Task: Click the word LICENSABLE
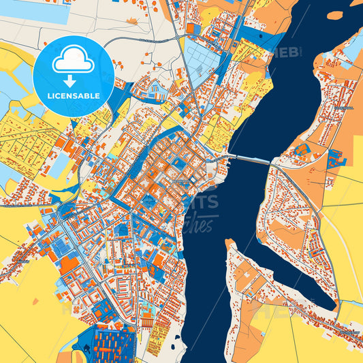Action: coord(74,97)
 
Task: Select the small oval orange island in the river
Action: coord(334,15)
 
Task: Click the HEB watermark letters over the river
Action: coord(287,52)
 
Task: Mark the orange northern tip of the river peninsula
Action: coord(230,243)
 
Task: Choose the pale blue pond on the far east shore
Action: coord(354,48)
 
